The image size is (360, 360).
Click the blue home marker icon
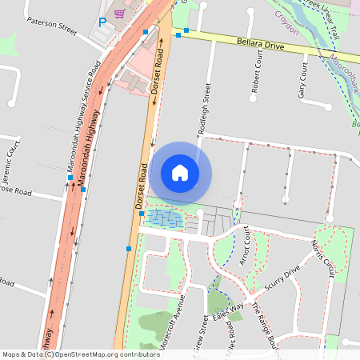point(180,172)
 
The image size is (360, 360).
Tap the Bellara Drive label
point(261,43)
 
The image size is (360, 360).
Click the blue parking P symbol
point(102,23)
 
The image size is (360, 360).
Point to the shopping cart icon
point(119,14)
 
